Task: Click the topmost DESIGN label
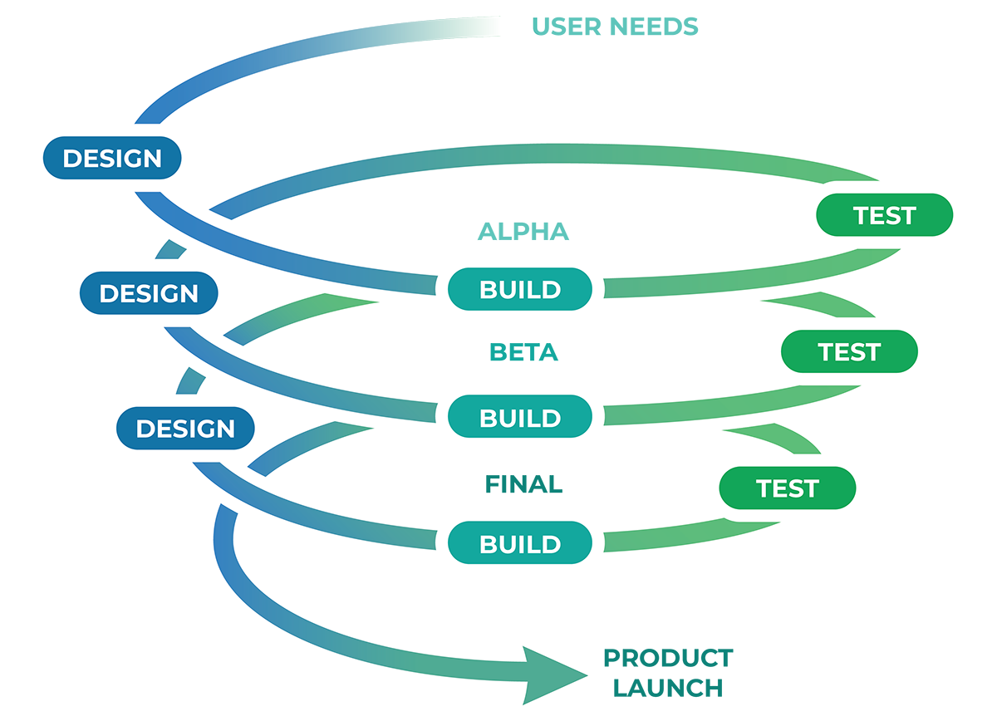coord(112,158)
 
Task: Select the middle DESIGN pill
coord(149,293)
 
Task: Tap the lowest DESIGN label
coord(185,429)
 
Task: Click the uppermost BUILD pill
coord(520,290)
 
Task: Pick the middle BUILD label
coord(520,417)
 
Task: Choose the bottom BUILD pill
coord(520,544)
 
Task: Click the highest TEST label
coord(884,216)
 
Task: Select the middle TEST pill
coord(849,351)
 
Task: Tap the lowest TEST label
coord(788,488)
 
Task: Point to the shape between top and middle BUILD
coord(524,353)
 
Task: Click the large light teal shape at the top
coord(648,42)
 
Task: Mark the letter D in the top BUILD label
coord(552,290)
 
